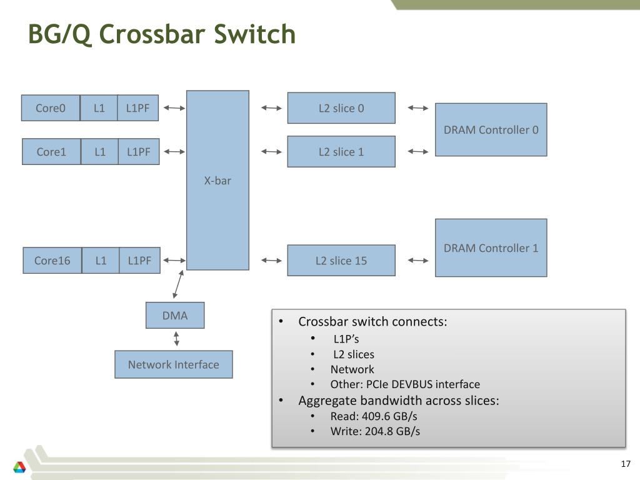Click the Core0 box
point(51,107)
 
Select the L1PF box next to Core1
point(139,151)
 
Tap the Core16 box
point(52,261)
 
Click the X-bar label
point(217,181)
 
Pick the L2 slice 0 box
point(341,108)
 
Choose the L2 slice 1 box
point(341,151)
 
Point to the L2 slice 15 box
point(341,261)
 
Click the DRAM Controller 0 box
point(491,130)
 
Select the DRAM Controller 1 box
point(491,247)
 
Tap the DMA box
point(175,315)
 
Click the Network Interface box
point(174,364)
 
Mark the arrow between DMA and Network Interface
point(176,339)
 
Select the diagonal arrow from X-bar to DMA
point(178,284)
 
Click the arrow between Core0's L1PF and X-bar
point(174,108)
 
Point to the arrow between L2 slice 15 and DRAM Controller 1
point(418,261)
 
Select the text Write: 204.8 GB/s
point(375,431)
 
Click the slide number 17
point(626,464)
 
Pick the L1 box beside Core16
point(101,261)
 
